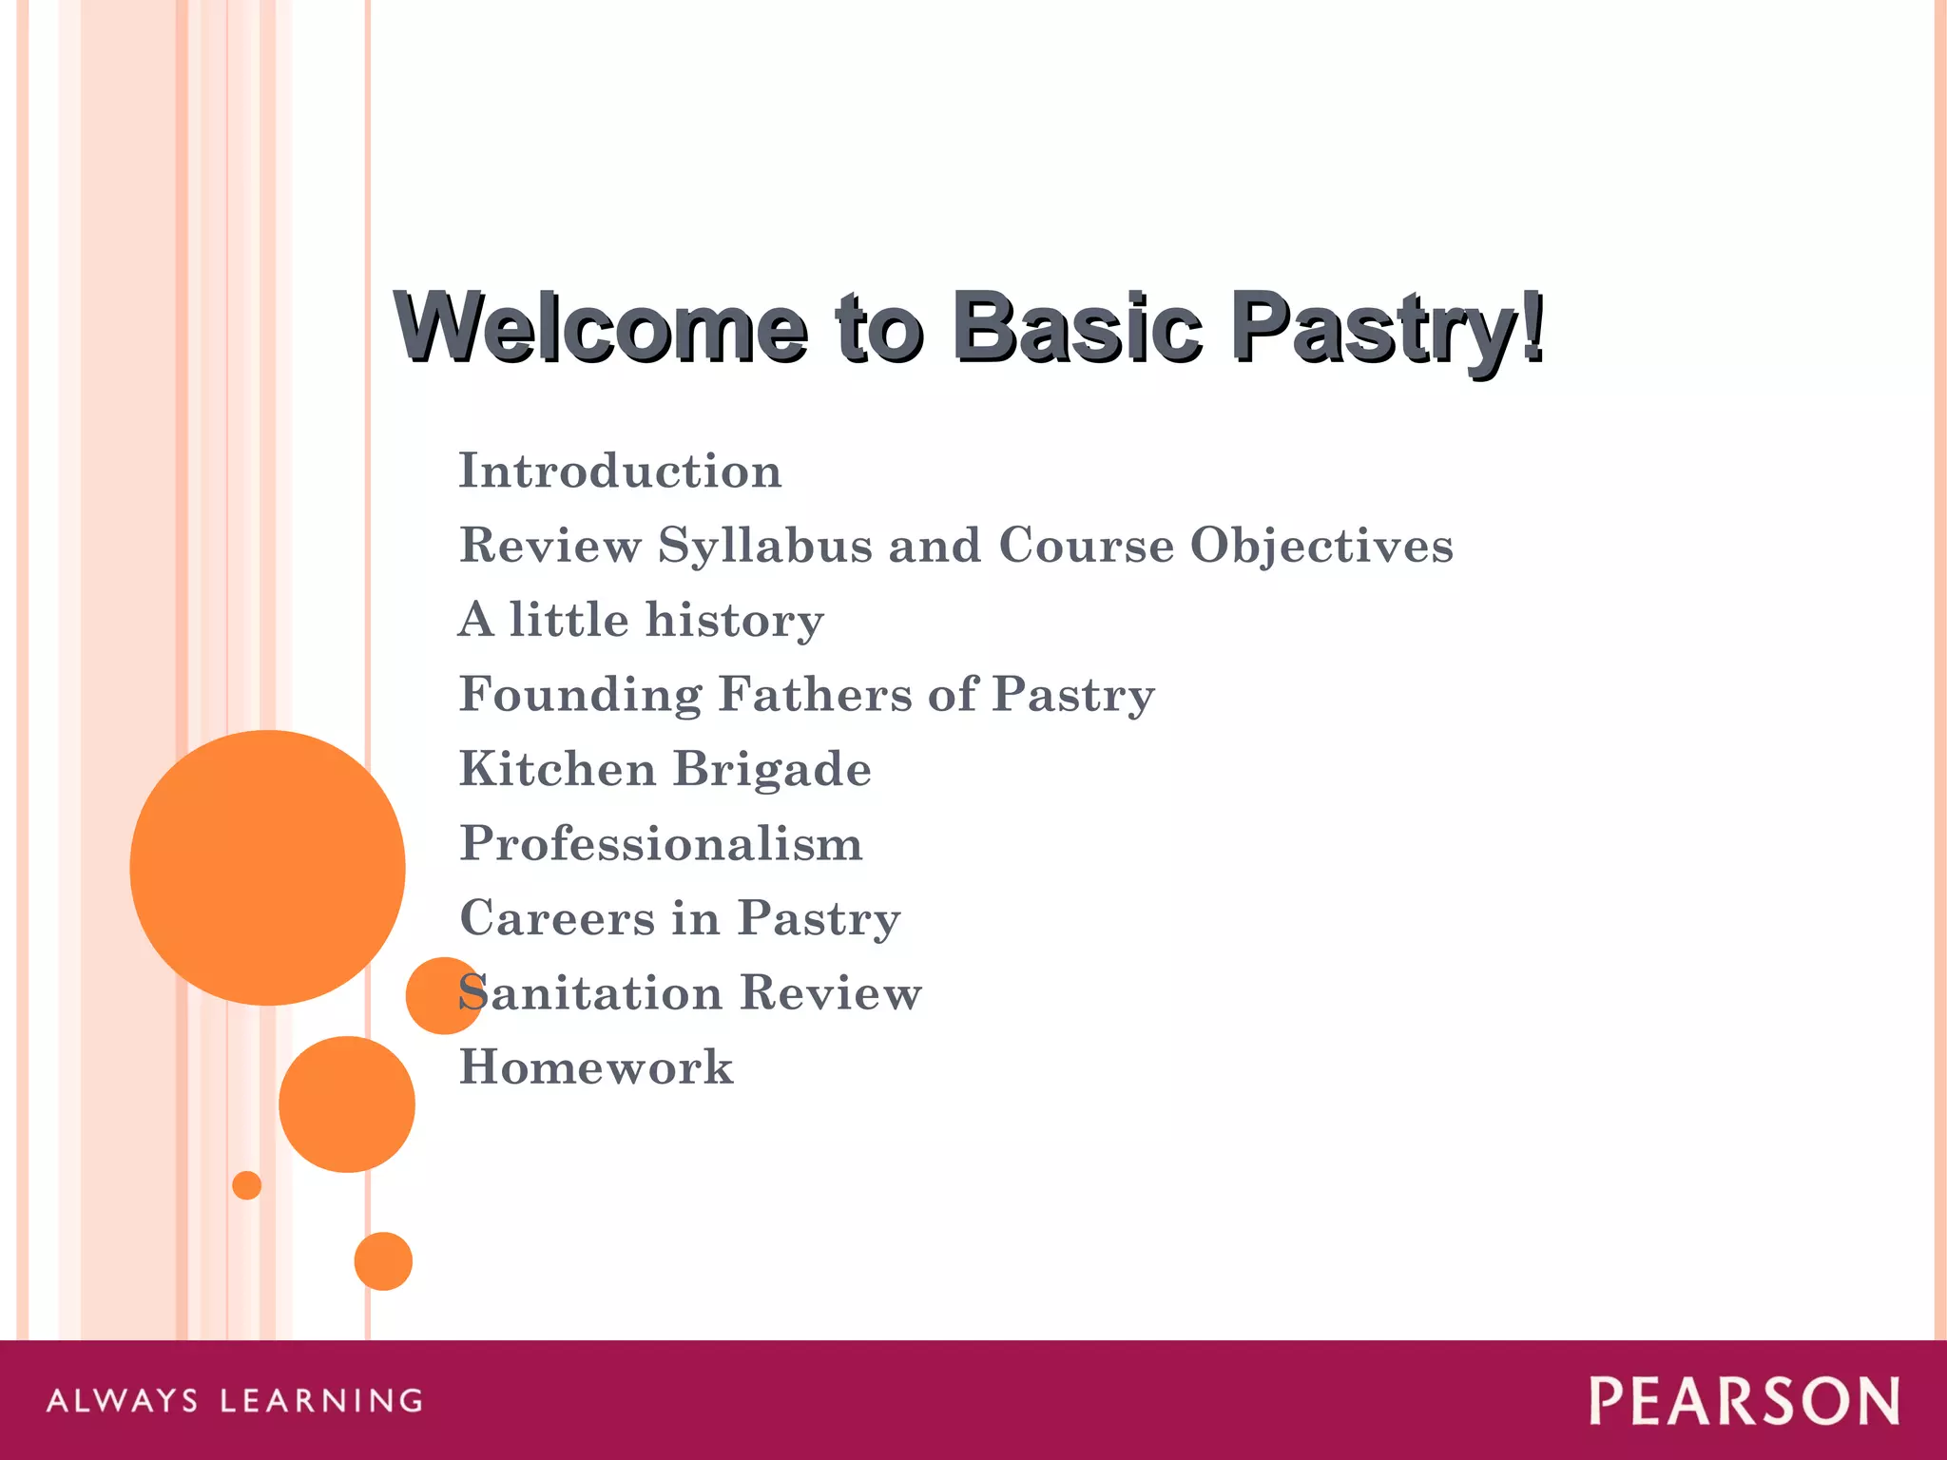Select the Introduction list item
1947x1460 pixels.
620,471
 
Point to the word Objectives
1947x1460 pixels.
1321,546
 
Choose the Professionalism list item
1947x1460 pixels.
661,844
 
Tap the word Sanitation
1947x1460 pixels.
589,993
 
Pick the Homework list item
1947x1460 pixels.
596,1067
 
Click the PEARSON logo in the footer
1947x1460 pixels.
1744,1401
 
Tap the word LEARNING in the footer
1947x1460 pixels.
321,1401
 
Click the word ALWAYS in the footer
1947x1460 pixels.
123,1401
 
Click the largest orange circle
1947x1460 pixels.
267,867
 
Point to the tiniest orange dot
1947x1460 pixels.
247,1185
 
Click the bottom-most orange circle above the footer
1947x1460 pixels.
383,1261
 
